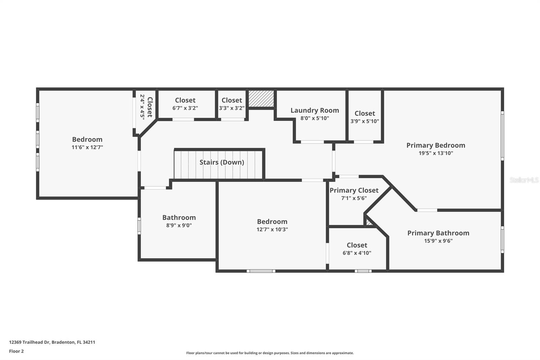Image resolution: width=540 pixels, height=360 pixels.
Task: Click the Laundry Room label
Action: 315,110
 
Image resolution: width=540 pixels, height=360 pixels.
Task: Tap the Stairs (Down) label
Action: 222,162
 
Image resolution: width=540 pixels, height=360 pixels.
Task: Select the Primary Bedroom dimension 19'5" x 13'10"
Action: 436,153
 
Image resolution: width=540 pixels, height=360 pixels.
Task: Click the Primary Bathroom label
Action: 438,233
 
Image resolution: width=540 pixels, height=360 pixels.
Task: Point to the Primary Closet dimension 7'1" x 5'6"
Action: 354,198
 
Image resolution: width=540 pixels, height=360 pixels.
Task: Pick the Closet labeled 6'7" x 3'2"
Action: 185,100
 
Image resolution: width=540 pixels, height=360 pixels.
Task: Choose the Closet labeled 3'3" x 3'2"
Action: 232,100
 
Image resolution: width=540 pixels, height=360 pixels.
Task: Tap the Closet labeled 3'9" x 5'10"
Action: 364,113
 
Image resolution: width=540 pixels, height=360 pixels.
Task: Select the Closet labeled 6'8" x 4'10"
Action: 357,245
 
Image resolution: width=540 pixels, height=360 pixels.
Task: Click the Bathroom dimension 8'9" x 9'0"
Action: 179,226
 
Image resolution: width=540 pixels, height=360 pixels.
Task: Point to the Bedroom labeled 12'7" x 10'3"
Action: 272,222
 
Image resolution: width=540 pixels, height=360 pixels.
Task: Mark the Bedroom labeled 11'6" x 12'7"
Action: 87,139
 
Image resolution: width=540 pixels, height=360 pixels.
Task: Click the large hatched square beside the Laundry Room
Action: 261,99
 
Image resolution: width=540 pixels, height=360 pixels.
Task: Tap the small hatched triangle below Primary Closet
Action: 369,223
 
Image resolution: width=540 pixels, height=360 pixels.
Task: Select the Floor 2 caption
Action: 16,351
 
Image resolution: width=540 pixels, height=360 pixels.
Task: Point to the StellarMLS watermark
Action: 524,180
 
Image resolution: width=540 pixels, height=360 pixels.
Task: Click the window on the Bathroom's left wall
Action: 139,226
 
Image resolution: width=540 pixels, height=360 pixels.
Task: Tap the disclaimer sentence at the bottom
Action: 270,353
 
